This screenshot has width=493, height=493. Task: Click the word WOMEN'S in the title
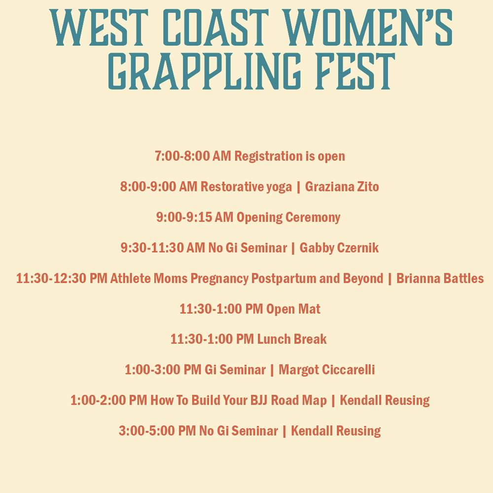pyautogui.click(x=367, y=27)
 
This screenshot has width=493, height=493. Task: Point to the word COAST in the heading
pyautogui.click(x=216, y=27)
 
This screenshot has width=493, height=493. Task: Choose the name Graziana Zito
pyautogui.click(x=342, y=186)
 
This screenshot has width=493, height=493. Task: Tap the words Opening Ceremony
pyautogui.click(x=288, y=217)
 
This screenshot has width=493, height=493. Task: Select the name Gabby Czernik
pyautogui.click(x=339, y=248)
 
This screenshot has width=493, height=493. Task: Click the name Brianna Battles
pyautogui.click(x=440, y=278)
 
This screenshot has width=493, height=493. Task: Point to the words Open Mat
pyautogui.click(x=293, y=309)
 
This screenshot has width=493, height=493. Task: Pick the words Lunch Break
pyautogui.click(x=292, y=339)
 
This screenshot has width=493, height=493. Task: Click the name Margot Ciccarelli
pyautogui.click(x=327, y=370)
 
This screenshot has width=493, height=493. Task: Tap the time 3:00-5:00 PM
pyautogui.click(x=157, y=431)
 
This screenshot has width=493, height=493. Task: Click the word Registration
pyautogui.click(x=269, y=156)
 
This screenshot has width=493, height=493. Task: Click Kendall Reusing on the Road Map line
pyautogui.click(x=385, y=400)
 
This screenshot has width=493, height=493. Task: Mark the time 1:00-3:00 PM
pyautogui.click(x=163, y=370)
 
